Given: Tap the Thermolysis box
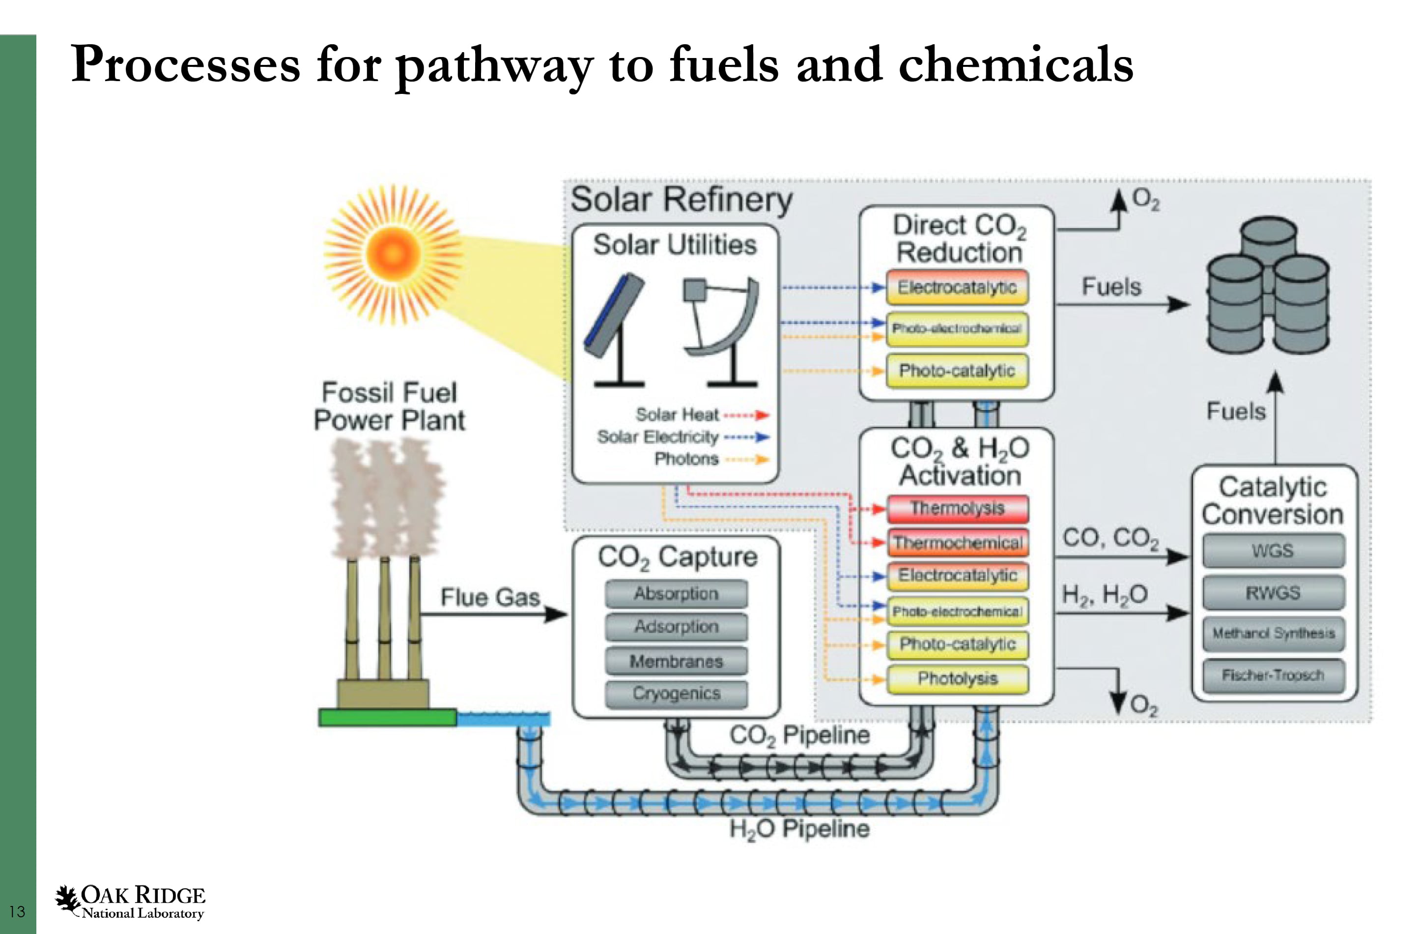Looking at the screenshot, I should pyautogui.click(x=957, y=508).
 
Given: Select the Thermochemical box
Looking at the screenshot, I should pyautogui.click(x=957, y=543).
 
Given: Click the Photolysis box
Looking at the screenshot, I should pyautogui.click(x=957, y=678).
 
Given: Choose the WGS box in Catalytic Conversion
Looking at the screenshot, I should pyautogui.click(x=1273, y=550).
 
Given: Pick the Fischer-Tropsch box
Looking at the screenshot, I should pyautogui.click(x=1273, y=675).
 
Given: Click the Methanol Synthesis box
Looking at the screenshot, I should pyautogui.click(x=1273, y=633).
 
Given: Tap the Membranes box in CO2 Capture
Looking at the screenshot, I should pyautogui.click(x=676, y=661).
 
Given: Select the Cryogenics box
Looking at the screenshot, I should pyautogui.click(x=676, y=694).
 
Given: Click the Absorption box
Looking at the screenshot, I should pyautogui.click(x=676, y=594).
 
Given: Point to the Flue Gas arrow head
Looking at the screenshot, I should pyautogui.click(x=558, y=613).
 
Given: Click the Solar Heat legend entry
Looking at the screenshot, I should pyautogui.click(x=677, y=415).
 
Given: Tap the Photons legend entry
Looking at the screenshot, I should pyautogui.click(x=686, y=459).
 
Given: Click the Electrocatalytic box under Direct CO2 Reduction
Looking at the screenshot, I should pyautogui.click(x=957, y=288).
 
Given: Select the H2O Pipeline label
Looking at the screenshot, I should pyautogui.click(x=799, y=829).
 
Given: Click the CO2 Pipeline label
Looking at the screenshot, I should pyautogui.click(x=799, y=735).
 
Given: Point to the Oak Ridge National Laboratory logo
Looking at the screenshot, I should pyautogui.click(x=130, y=901).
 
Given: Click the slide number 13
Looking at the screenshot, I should pyautogui.click(x=17, y=911).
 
